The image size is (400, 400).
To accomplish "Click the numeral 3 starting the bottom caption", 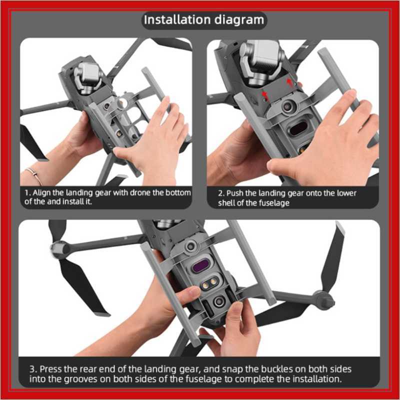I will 31,369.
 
